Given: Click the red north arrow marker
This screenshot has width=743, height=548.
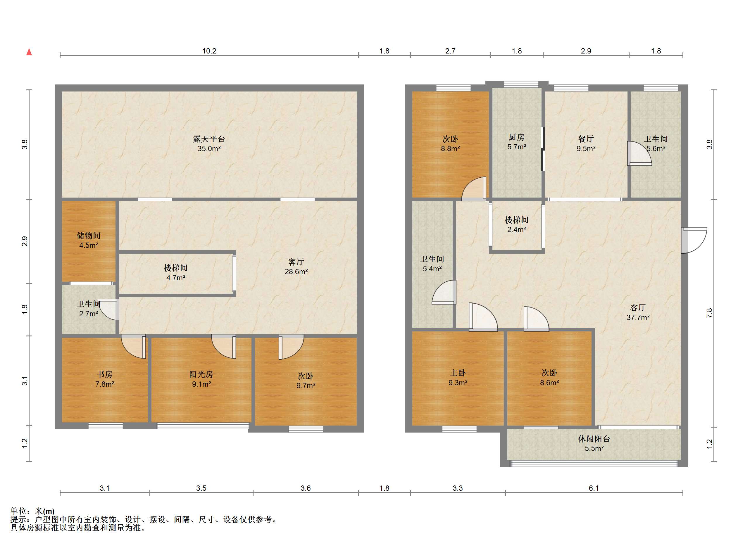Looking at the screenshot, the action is (x=29, y=52).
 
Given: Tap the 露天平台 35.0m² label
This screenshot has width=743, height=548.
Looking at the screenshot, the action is (x=209, y=144).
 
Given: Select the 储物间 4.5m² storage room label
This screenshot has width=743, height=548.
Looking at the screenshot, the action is (x=89, y=241).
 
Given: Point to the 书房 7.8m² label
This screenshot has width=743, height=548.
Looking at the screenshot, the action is (x=104, y=379).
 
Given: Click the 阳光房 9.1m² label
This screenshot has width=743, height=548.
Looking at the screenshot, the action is (x=201, y=379).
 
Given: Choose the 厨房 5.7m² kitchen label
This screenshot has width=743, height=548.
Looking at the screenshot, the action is (x=517, y=142).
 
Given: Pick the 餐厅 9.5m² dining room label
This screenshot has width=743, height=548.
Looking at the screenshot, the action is (x=586, y=144).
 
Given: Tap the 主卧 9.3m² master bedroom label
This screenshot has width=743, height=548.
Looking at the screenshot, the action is (x=458, y=378).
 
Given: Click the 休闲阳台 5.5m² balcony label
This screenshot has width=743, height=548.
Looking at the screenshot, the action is (x=594, y=443).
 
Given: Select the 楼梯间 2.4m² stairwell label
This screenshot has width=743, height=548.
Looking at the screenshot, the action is (x=517, y=224).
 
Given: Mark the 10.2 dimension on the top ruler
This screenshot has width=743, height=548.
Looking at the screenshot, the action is (x=209, y=51).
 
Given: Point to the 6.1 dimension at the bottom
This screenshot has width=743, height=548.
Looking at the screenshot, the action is (x=594, y=488).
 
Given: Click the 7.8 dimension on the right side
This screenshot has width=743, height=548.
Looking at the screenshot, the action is (x=709, y=313).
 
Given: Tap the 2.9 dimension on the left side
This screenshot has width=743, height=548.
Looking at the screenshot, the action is (x=25, y=241).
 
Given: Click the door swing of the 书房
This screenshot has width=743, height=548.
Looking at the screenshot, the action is (x=133, y=346).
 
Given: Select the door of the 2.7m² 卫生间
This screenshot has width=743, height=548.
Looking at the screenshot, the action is (x=109, y=310).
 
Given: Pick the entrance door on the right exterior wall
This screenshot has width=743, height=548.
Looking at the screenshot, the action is (x=694, y=241).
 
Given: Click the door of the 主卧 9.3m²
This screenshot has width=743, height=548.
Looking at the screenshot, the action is (x=483, y=317).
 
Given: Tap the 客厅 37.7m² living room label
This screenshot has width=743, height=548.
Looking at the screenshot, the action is (x=638, y=312).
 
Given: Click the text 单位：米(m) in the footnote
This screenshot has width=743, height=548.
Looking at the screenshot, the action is (x=32, y=511).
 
